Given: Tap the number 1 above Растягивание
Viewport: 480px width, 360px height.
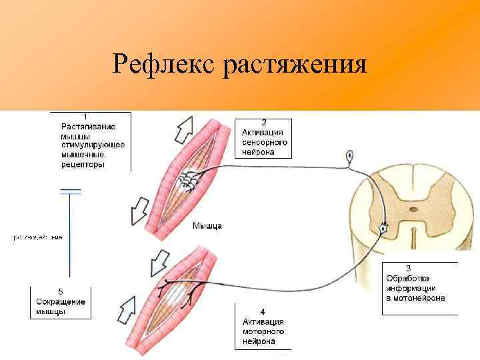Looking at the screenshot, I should (83, 117).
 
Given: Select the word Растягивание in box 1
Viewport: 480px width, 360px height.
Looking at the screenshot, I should (88, 126).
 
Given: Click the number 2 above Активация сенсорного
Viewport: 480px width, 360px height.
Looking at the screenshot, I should (263, 123).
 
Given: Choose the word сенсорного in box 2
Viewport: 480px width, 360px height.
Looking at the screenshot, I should (265, 142).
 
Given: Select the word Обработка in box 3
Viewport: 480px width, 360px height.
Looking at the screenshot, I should (407, 278).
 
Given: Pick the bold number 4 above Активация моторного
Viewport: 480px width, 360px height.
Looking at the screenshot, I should (263, 311).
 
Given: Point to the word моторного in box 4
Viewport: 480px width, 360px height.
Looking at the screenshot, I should (263, 331).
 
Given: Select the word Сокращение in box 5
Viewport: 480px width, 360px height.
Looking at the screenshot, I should (61, 301).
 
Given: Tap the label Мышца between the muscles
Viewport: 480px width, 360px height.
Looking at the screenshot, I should (207, 225).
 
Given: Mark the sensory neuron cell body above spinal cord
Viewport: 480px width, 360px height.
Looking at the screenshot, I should (350, 158).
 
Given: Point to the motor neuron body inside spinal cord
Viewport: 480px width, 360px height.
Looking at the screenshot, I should (383, 229).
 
